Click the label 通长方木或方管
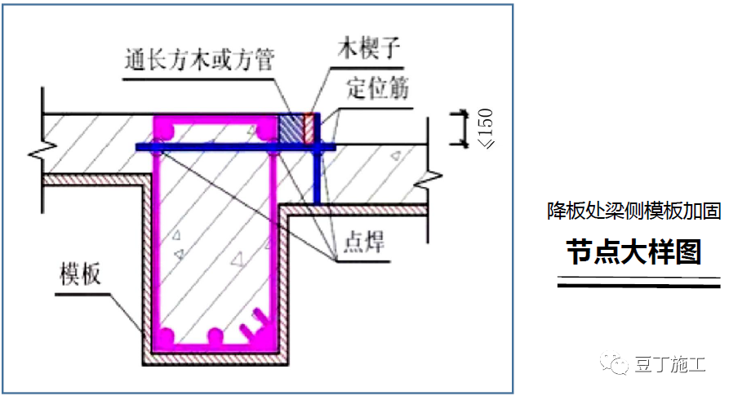tap(200, 60)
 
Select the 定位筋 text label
tap(377, 87)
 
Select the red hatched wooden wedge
tap(309, 129)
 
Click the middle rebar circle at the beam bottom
tap(216, 336)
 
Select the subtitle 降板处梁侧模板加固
tap(633, 211)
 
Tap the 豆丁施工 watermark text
tap(669, 365)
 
